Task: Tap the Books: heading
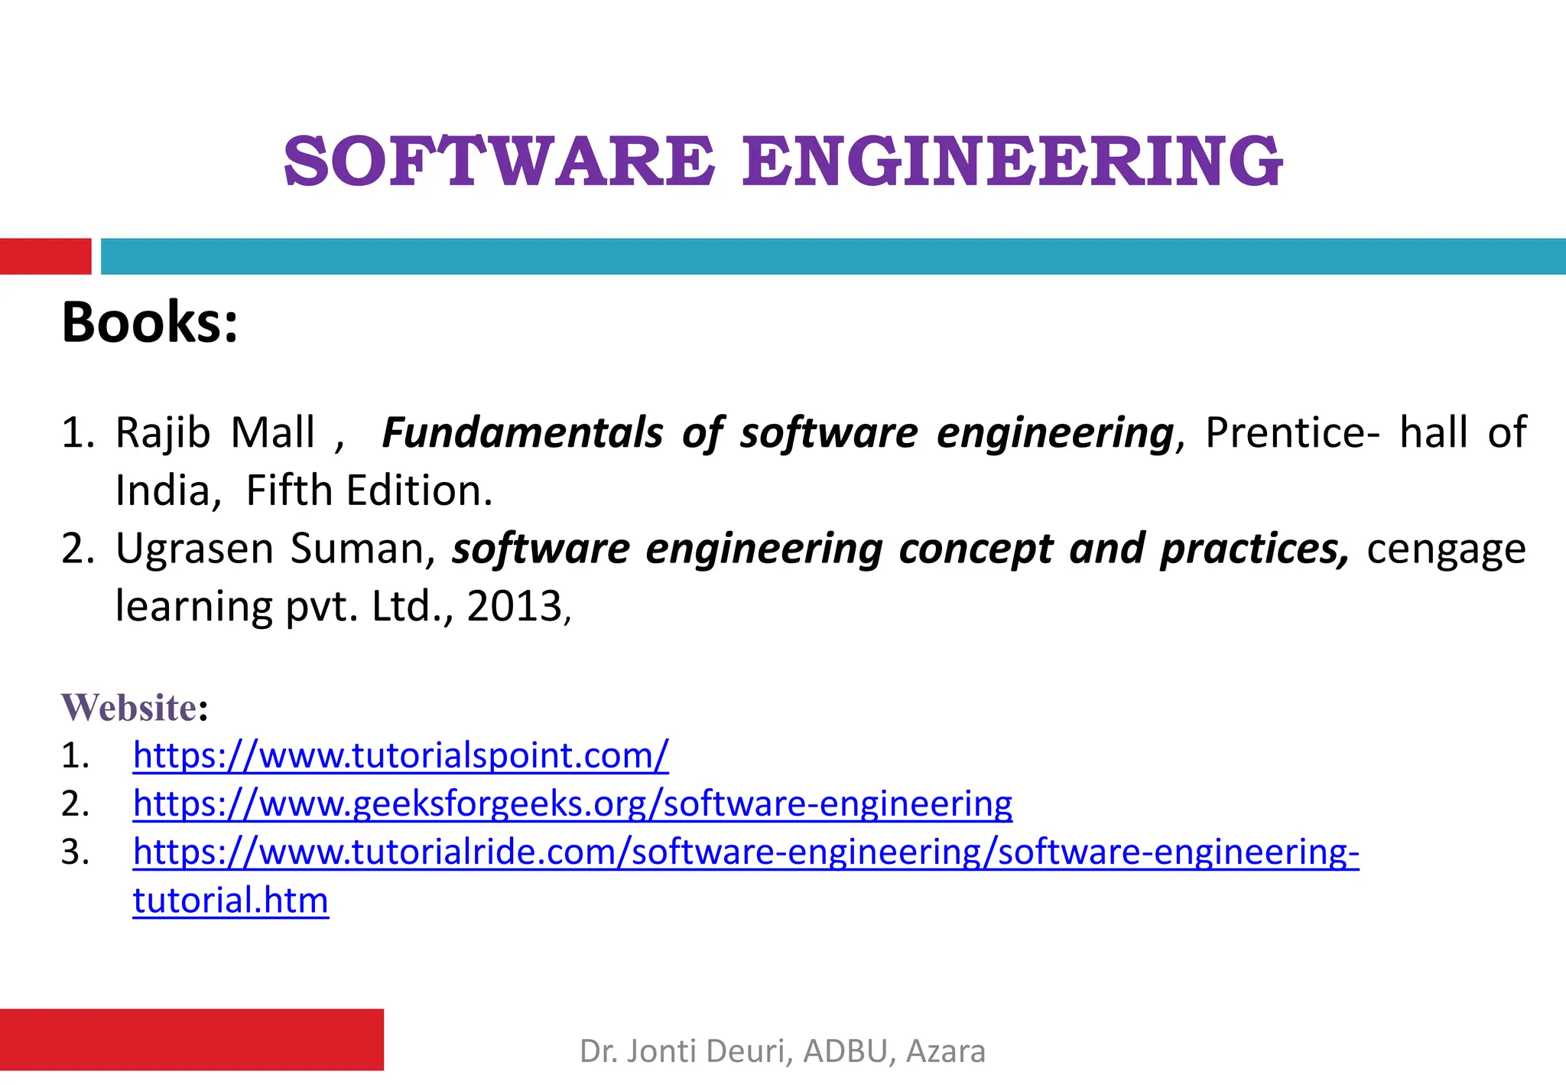150,322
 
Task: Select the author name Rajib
162,432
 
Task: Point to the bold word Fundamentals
522,432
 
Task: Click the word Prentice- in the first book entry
1292,432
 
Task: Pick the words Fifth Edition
369,490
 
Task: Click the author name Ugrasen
194,549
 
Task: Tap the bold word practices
1254,549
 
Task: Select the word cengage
1446,550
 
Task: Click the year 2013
514,607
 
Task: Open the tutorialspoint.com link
401,756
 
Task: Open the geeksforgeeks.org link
572,803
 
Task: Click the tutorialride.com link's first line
746,852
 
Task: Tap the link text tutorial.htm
230,900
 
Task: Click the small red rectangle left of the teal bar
45,256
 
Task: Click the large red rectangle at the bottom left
191,1039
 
